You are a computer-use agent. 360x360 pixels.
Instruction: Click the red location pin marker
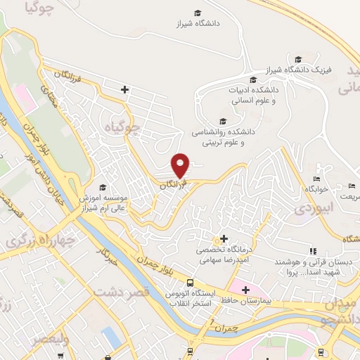(x=181, y=165)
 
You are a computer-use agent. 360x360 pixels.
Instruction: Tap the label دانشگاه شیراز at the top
(x=198, y=23)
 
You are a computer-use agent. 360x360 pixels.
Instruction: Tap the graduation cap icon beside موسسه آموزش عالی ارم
(x=103, y=187)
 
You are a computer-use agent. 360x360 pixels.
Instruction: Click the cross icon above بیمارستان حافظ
(x=245, y=288)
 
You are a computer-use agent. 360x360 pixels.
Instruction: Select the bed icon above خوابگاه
(x=323, y=179)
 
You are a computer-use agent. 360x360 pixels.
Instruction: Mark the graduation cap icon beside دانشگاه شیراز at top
(x=198, y=13)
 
